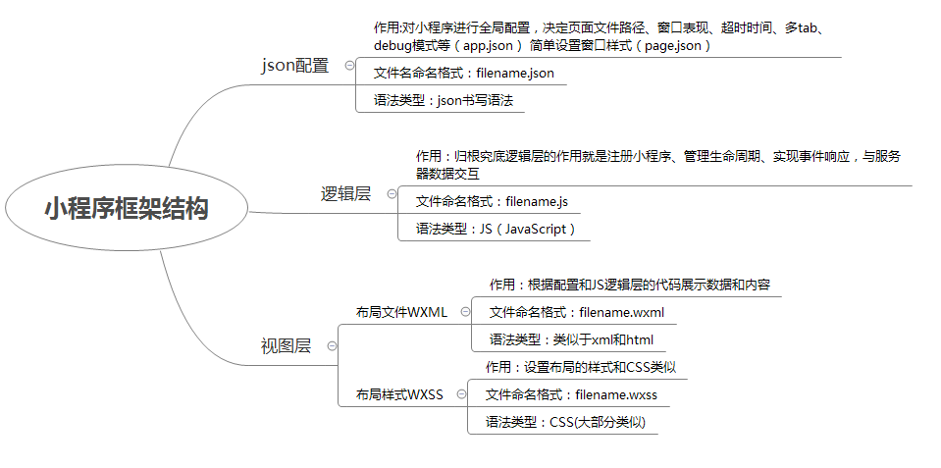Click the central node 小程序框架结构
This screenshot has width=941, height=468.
(126, 208)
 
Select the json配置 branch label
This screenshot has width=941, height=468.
(295, 66)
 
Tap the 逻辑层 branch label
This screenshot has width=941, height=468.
(345, 194)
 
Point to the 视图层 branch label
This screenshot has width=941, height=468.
(286, 346)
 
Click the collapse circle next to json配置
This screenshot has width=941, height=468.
(349, 66)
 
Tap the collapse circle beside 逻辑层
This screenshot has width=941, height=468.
(392, 194)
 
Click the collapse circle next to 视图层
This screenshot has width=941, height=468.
(332, 346)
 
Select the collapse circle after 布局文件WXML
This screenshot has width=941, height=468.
(465, 311)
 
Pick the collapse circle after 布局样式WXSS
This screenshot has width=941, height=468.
(461, 394)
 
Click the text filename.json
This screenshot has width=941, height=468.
(515, 74)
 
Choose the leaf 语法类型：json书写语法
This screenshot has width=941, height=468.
(444, 100)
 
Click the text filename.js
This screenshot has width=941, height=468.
(537, 201)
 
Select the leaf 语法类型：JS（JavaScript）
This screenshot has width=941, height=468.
(497, 230)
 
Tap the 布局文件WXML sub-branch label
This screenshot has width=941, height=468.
(401, 312)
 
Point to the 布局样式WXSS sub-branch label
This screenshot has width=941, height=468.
(399, 394)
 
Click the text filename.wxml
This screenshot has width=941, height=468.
(622, 312)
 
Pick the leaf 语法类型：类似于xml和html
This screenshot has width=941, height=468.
(571, 339)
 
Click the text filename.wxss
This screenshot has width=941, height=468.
(616, 394)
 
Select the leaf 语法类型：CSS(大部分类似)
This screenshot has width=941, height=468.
(565, 423)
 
